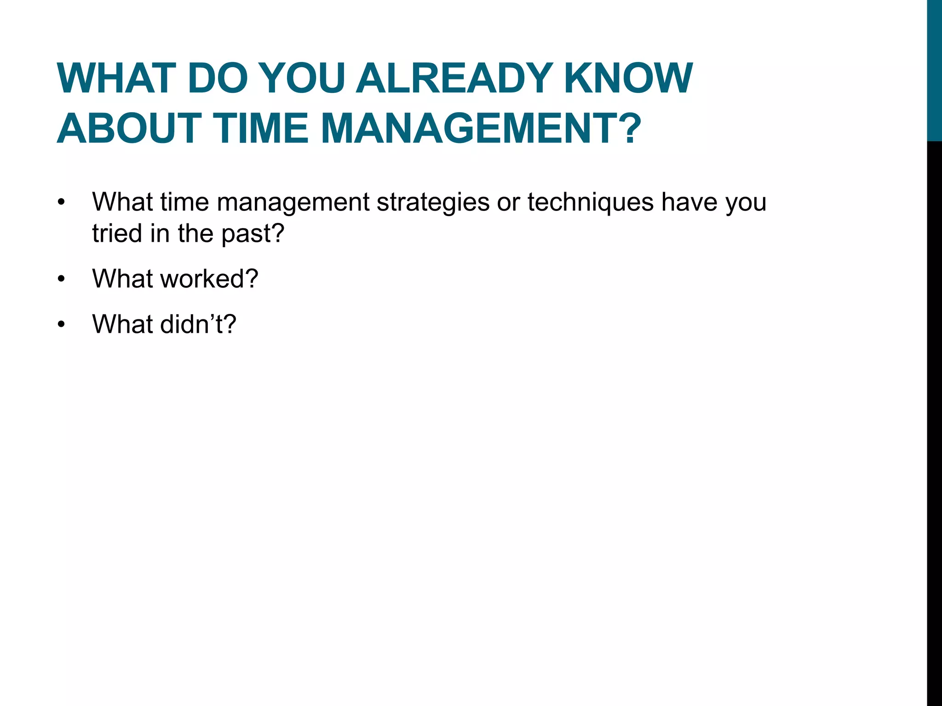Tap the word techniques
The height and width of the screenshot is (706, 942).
click(x=590, y=202)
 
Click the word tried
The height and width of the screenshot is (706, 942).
click(x=117, y=233)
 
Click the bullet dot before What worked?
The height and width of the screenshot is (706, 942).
click(x=62, y=279)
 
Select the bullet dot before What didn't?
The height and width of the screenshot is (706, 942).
click(x=62, y=325)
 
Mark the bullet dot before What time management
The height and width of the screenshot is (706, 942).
click(x=62, y=202)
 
